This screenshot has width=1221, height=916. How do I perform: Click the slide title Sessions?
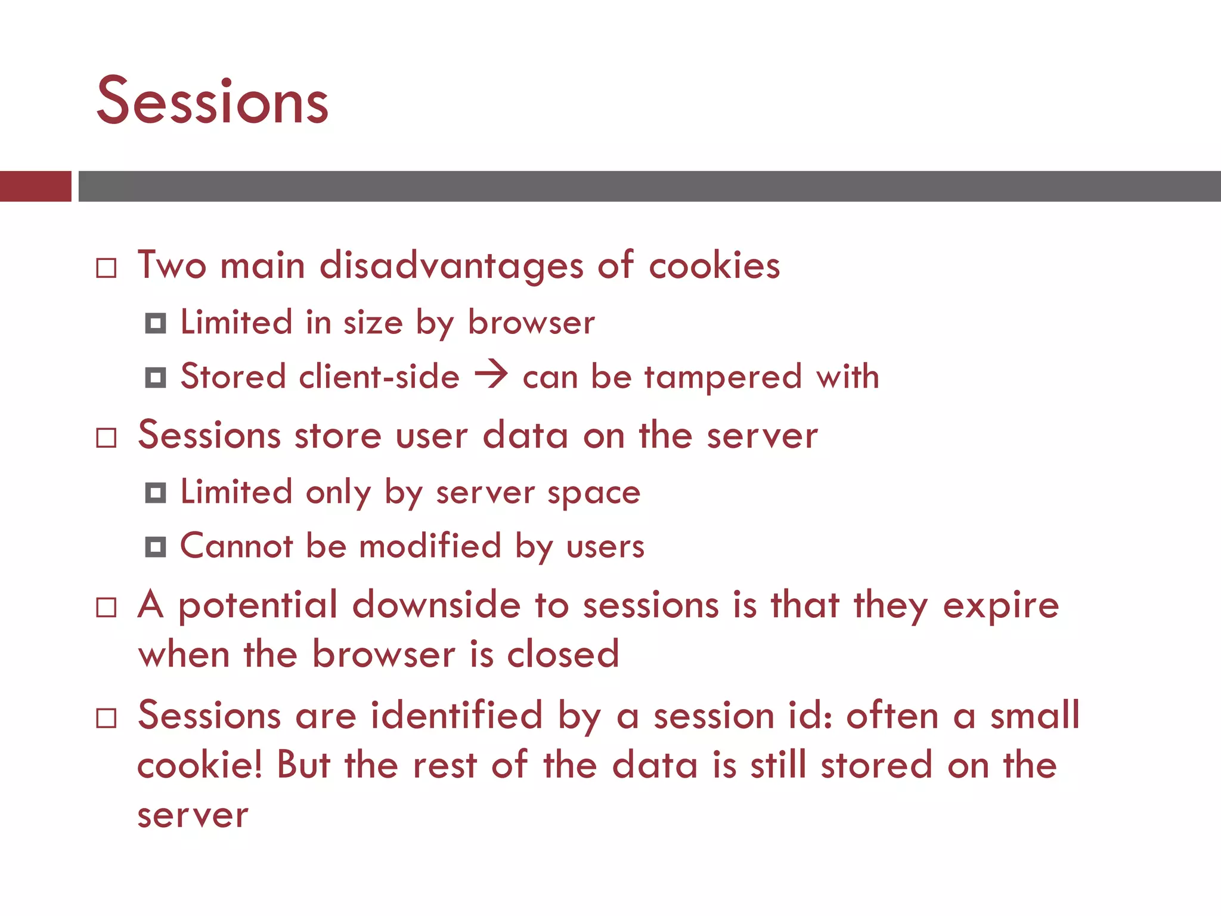click(212, 101)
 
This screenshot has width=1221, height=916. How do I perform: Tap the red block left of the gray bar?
click(35, 186)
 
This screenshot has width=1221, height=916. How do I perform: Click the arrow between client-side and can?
click(491, 376)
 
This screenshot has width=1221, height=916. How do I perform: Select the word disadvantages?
click(451, 265)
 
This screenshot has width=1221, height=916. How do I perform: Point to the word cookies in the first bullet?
click(714, 265)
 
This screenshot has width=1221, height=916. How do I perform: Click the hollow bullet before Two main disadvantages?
click(106, 268)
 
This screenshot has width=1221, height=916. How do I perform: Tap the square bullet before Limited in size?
click(156, 323)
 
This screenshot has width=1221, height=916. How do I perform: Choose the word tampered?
click(723, 377)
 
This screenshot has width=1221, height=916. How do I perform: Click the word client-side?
click(379, 377)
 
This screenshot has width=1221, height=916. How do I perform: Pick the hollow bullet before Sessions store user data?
click(106, 438)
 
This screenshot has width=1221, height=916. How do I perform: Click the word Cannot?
click(237, 546)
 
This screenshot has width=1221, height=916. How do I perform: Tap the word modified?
click(430, 546)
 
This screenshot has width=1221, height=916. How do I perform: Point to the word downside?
click(436, 605)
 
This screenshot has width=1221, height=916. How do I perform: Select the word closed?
click(563, 654)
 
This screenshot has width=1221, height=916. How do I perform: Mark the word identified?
click(456, 715)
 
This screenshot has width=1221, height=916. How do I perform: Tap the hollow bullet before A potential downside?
click(106, 608)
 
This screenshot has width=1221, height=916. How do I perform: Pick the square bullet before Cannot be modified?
click(156, 547)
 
